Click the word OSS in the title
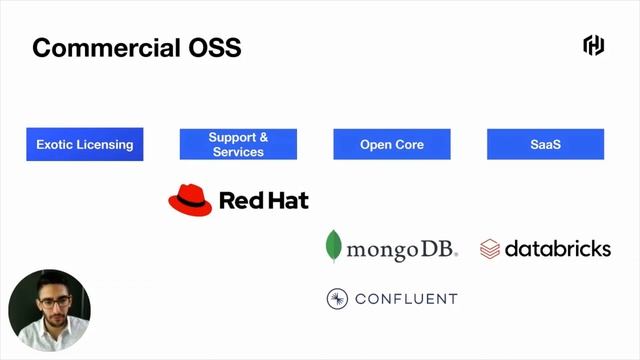pos(211,47)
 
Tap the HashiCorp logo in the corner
pos(594,45)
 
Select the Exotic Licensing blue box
pos(85,144)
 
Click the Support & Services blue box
pos(238,144)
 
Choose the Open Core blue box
pos(392,144)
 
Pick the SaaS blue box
pos(546,144)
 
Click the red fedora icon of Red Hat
pos(190,200)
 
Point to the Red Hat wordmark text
pos(264,200)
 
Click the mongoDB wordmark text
pos(400,249)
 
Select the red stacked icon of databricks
pos(490,249)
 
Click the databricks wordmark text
pos(557,248)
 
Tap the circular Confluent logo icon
pos(337,298)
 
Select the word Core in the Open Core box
pos(408,144)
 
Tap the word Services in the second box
pos(238,152)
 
